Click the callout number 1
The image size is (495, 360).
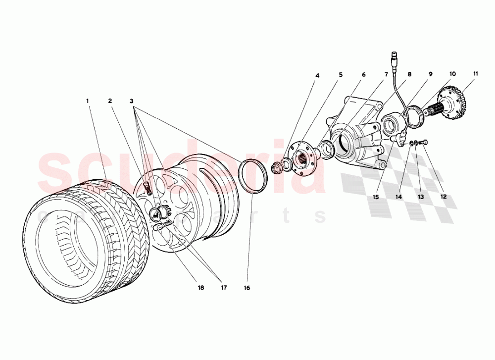point(88,101)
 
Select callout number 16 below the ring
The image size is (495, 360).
point(247,288)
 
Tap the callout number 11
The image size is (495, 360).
point(475,74)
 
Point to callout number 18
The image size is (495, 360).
point(201,288)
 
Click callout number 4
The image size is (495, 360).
point(317,76)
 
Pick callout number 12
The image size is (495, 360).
point(444,196)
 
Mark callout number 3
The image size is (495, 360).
point(132,101)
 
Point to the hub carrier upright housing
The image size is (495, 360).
point(356,134)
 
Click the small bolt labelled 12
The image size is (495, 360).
point(424,143)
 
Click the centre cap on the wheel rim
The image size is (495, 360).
point(156,214)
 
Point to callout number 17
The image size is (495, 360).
point(223,288)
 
